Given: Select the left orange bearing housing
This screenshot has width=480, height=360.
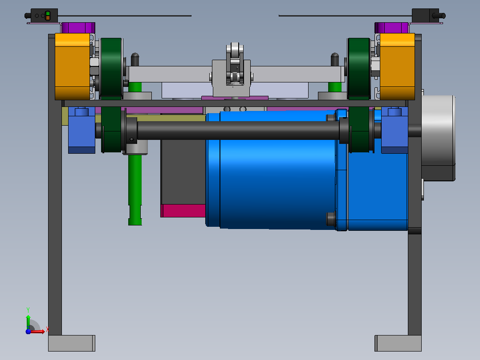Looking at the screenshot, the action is (73, 66).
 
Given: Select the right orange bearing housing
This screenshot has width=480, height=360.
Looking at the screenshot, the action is (397, 66).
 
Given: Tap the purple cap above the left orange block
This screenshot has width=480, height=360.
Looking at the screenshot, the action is (78, 28).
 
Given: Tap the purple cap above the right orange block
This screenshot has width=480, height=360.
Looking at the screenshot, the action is (391, 28).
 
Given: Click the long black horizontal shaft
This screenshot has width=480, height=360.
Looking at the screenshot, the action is (238, 131).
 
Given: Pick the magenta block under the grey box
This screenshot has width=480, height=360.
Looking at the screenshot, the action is (183, 211).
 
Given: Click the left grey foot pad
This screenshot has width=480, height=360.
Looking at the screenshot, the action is (72, 343).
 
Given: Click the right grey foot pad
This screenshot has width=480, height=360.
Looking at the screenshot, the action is (398, 343).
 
